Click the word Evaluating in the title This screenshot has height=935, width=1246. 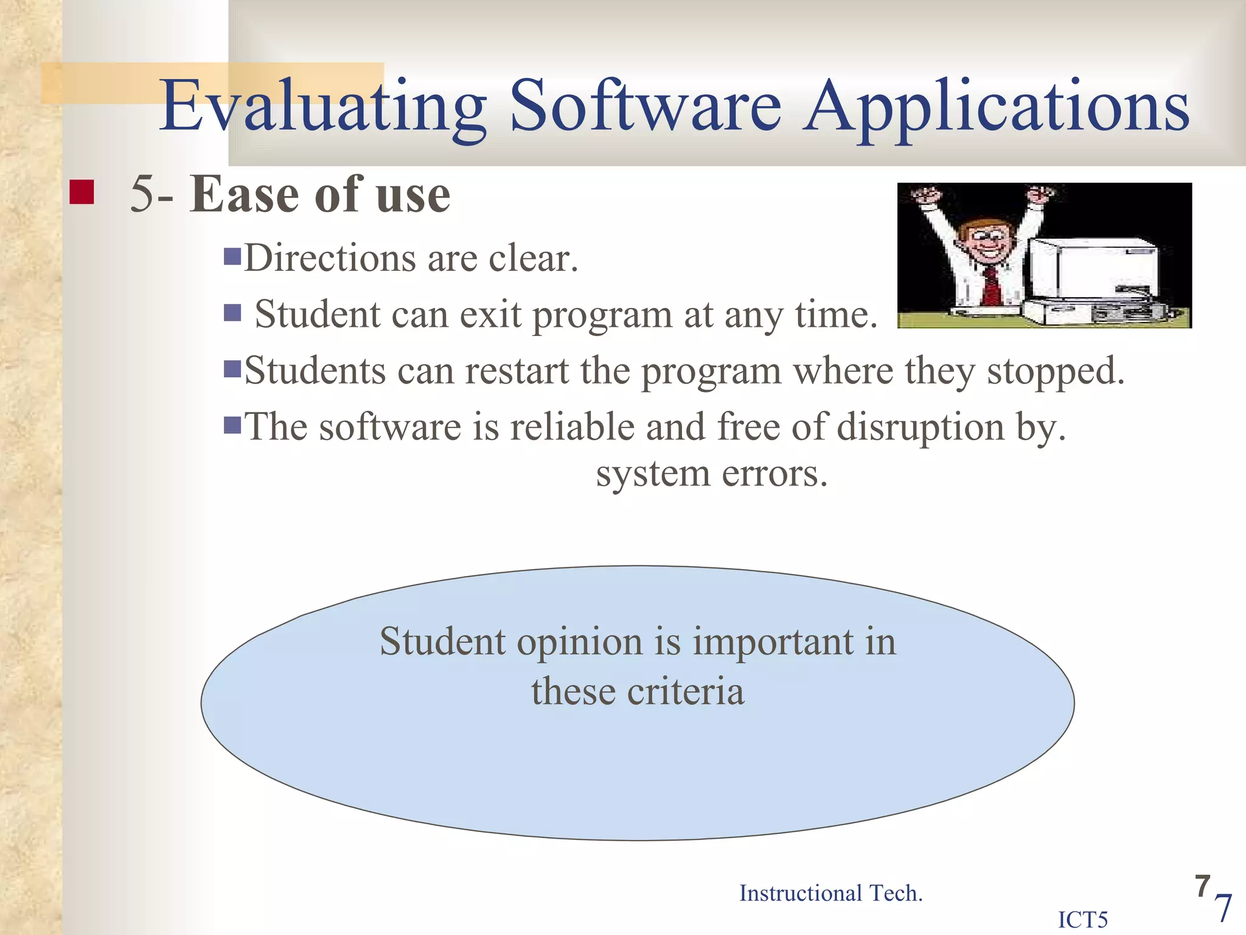[x=322, y=107]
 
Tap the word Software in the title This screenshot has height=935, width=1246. [x=645, y=107]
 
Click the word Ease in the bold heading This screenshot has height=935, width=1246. [x=243, y=195]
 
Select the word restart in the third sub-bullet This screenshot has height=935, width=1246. [x=517, y=371]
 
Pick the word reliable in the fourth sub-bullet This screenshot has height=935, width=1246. [x=572, y=427]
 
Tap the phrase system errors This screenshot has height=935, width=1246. [x=712, y=474]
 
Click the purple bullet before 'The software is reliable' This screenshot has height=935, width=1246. [x=232, y=424]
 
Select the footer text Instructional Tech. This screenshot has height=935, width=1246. [x=830, y=894]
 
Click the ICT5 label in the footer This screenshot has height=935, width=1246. [x=1083, y=920]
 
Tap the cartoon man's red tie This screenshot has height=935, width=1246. [x=992, y=286]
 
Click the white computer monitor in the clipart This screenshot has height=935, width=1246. [x=1095, y=268]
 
